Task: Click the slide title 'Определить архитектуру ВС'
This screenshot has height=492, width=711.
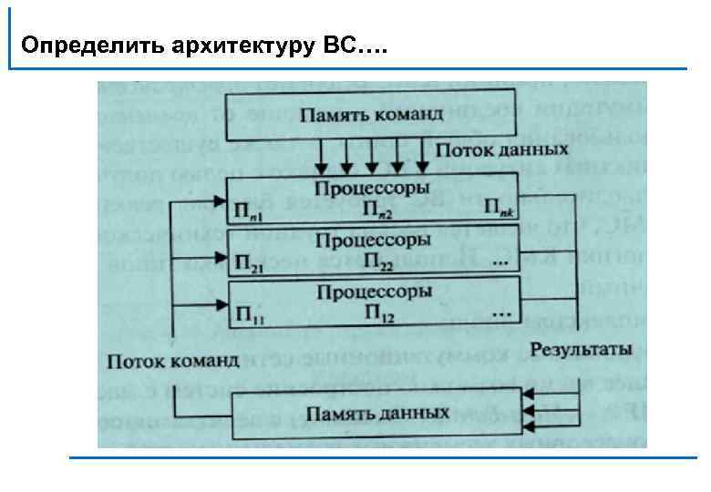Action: [x=203, y=45]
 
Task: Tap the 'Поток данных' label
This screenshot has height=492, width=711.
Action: [x=489, y=148]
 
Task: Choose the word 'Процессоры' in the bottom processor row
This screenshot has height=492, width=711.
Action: [x=373, y=292]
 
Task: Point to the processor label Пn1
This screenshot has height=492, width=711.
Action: [x=249, y=211]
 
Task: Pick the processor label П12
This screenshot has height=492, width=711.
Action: [x=380, y=314]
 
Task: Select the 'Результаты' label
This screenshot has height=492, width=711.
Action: [x=581, y=350]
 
